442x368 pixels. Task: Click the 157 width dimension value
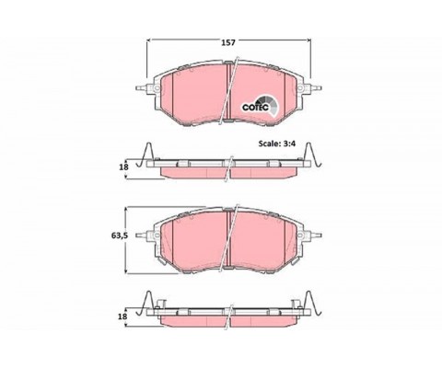pos(228,42)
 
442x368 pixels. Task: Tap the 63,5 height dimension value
pos(119,236)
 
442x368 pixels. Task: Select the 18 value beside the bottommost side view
pos(122,316)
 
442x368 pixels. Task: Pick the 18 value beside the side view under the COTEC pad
pos(123,167)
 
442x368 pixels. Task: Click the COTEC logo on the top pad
pos(260,106)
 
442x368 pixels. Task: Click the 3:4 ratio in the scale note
pos(288,144)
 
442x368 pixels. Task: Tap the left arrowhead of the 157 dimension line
pos(149,40)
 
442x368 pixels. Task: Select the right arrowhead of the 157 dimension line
pos(308,40)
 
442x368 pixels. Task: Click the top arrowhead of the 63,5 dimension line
pos(125,209)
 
